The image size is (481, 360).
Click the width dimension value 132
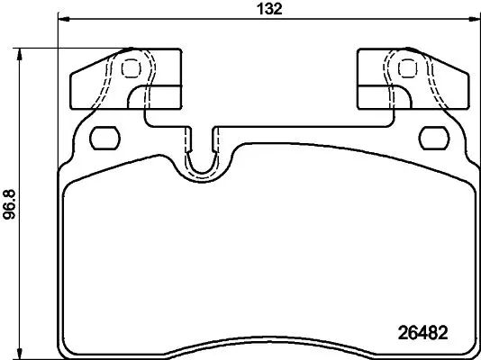tap(269, 9)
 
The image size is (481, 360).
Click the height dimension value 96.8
tap(9, 204)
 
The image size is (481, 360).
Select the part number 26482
tap(423, 333)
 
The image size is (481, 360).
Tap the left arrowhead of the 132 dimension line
tap(64, 19)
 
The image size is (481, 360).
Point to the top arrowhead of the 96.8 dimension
tap(20, 54)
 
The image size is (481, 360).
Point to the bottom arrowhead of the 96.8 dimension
tap(20, 354)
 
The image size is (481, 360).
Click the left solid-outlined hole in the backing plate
tap(104, 138)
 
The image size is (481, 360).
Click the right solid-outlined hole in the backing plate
tap(434, 138)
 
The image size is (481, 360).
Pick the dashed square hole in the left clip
tap(132, 68)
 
